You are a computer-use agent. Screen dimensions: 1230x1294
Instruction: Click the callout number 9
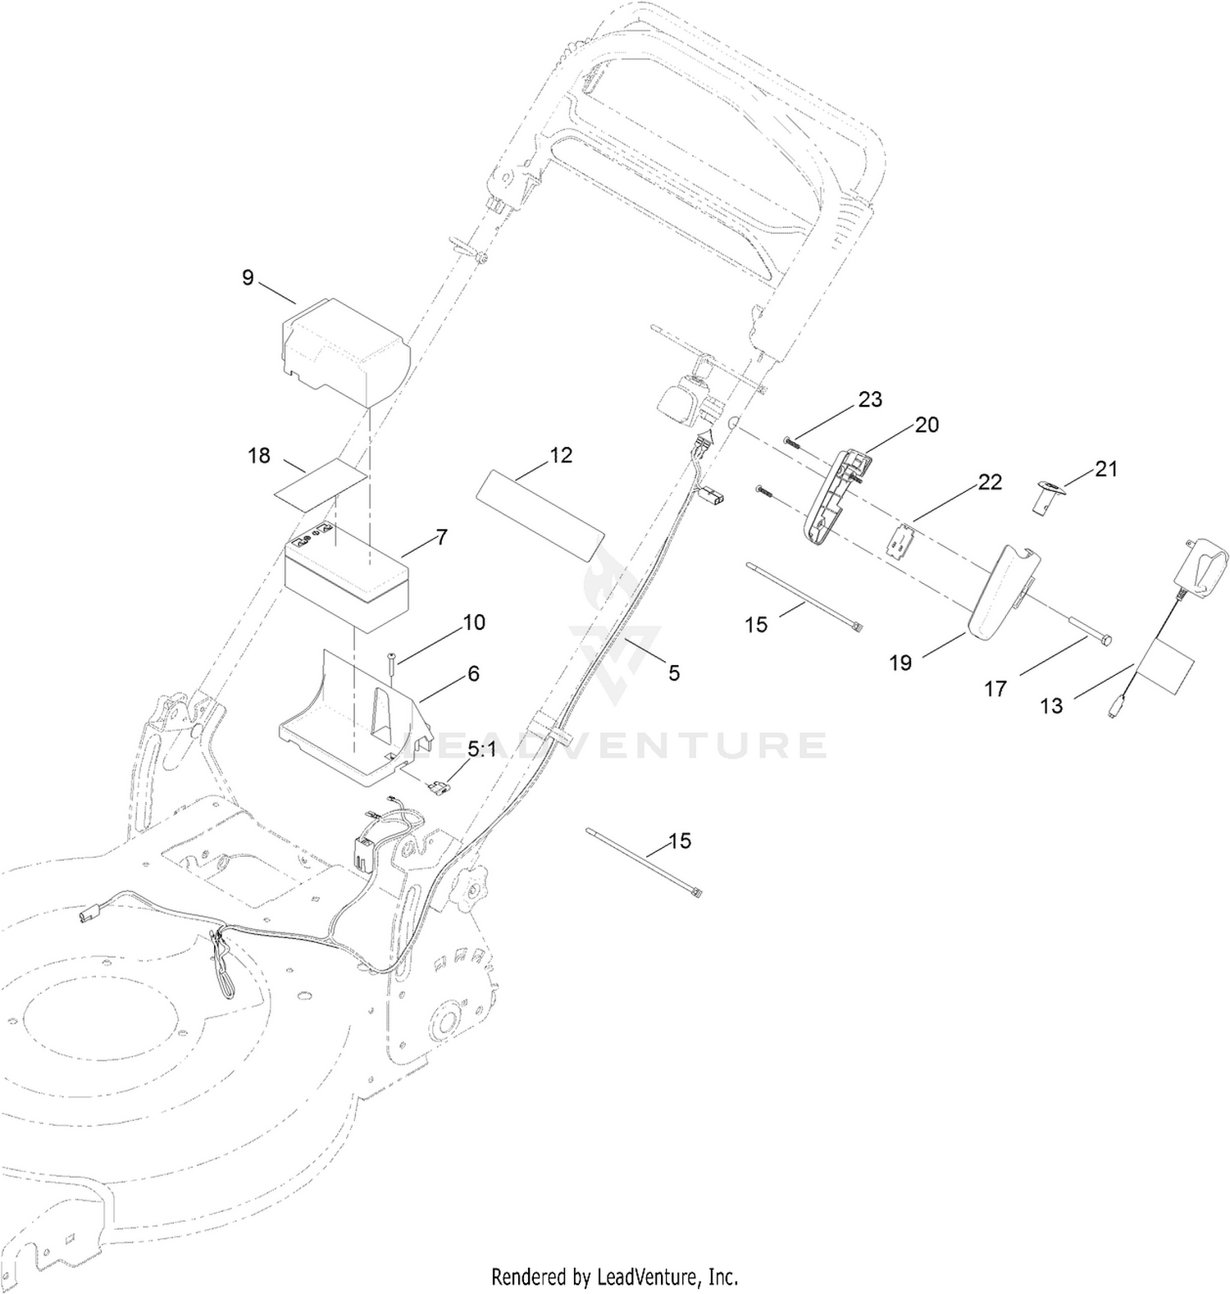[248, 277]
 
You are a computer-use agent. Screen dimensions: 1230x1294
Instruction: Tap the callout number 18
[259, 455]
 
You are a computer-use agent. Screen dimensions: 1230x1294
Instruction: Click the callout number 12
[561, 455]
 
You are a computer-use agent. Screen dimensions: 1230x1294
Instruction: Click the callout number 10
[474, 622]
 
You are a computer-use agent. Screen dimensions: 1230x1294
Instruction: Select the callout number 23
[870, 399]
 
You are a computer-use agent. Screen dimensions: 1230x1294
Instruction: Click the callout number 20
[927, 425]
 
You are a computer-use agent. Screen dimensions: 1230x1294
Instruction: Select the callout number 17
[995, 690]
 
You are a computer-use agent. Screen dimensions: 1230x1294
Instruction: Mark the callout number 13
[1051, 705]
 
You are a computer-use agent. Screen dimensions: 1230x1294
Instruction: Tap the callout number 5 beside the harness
[673, 673]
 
